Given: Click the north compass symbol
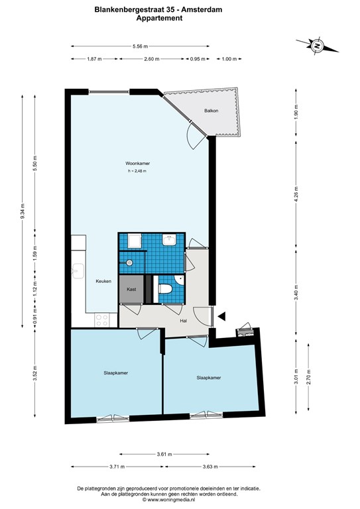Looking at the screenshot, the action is (x=317, y=46).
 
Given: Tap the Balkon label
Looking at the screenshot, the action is (x=211, y=111).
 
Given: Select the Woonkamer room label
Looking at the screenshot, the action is (x=138, y=164).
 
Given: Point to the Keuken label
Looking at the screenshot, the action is (x=103, y=281).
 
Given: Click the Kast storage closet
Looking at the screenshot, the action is (x=131, y=289).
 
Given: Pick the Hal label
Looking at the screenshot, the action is (x=184, y=321).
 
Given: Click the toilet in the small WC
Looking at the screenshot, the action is (x=165, y=288).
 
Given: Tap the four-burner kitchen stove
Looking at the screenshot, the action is (x=101, y=319).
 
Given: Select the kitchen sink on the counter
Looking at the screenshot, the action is (x=78, y=271).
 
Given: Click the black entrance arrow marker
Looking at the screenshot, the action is (x=221, y=317).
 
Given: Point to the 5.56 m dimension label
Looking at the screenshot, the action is (x=141, y=46).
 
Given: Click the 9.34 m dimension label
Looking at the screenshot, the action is (x=23, y=211).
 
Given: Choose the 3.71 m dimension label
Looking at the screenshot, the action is (x=117, y=467).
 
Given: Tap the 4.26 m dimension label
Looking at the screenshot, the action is (x=296, y=194).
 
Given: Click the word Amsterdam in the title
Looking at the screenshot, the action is (x=202, y=10).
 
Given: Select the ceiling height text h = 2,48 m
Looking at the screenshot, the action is (x=137, y=171).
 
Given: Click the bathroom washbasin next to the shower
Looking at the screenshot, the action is (x=169, y=240).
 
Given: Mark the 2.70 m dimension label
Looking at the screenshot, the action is (x=308, y=377).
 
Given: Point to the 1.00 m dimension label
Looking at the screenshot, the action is (x=229, y=59).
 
